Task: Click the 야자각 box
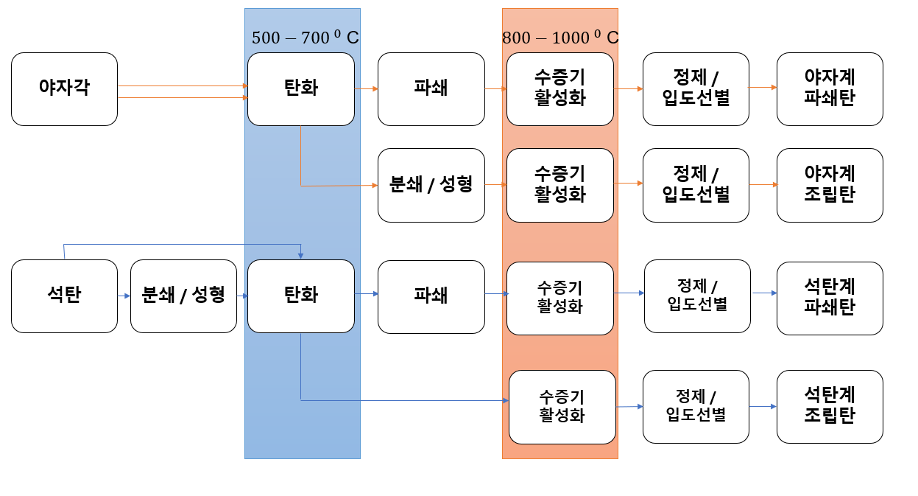[x=64, y=88]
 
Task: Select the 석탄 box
[x=64, y=296]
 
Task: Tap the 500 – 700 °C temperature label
[x=305, y=38]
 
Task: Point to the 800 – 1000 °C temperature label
[x=559, y=38]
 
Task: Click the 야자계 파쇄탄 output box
[x=830, y=88]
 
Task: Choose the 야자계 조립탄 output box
[x=830, y=185]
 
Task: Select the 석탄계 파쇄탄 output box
[x=830, y=298]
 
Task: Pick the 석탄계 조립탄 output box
[x=830, y=406]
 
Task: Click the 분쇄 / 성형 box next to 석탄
[x=183, y=296]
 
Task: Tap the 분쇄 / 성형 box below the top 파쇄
[x=431, y=185]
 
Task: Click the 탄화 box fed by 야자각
[x=300, y=88]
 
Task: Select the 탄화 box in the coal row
[x=300, y=296]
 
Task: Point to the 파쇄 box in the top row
[x=431, y=88]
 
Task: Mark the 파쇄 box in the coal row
[x=431, y=296]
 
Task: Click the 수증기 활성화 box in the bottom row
[x=562, y=407]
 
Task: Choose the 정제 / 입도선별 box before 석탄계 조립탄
[x=696, y=406]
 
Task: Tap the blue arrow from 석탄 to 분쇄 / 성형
[x=124, y=296]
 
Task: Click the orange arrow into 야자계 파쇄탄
[x=763, y=87]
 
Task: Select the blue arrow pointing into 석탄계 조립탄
[x=763, y=406]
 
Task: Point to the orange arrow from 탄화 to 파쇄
[x=366, y=88]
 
